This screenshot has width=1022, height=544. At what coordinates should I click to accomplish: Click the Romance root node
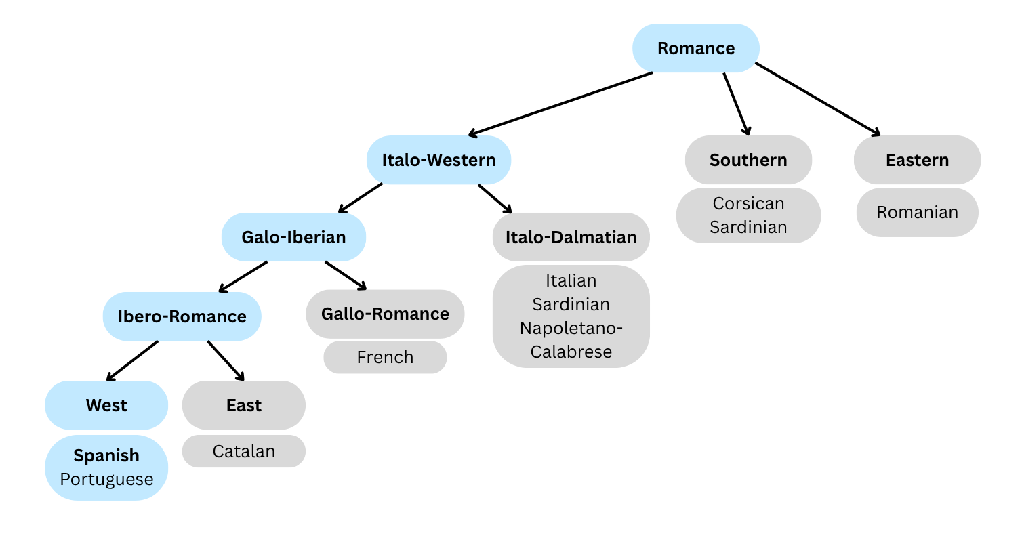pyautogui.click(x=696, y=48)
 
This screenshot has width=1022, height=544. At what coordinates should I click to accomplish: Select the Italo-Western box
pyautogui.click(x=438, y=160)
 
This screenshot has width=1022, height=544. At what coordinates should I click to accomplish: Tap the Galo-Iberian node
pyautogui.click(x=293, y=237)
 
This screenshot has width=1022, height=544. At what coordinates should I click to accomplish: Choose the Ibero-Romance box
pyautogui.click(x=182, y=316)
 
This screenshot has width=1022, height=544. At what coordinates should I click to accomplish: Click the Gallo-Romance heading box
pyautogui.click(x=385, y=314)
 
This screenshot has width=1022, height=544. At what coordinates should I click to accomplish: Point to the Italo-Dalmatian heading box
pyautogui.click(x=571, y=237)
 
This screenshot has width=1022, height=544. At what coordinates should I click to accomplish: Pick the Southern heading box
pyautogui.click(x=748, y=160)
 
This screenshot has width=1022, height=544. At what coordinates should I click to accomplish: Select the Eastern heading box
pyautogui.click(x=917, y=160)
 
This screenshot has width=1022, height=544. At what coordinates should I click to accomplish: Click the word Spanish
pyautogui.click(x=106, y=455)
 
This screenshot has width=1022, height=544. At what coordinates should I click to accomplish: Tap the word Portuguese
pyautogui.click(x=106, y=479)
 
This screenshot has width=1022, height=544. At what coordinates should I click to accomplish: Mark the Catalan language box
pyautogui.click(x=244, y=451)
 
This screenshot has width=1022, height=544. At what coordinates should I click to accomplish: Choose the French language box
pyautogui.click(x=385, y=357)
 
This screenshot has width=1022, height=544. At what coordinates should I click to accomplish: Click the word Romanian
pyautogui.click(x=917, y=212)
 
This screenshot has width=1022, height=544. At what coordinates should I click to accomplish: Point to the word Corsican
pyautogui.click(x=748, y=203)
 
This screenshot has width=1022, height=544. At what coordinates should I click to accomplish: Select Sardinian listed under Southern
pyautogui.click(x=748, y=227)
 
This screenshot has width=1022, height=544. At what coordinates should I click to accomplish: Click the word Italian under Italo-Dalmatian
pyautogui.click(x=571, y=280)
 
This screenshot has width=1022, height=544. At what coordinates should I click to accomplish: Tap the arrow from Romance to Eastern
pyautogui.click(x=817, y=99)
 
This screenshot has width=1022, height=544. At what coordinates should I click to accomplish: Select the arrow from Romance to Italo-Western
pyautogui.click(x=560, y=104)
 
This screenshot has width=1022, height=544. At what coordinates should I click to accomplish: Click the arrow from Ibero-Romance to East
pyautogui.click(x=226, y=360)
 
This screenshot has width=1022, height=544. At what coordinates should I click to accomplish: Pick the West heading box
pyautogui.click(x=106, y=405)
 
